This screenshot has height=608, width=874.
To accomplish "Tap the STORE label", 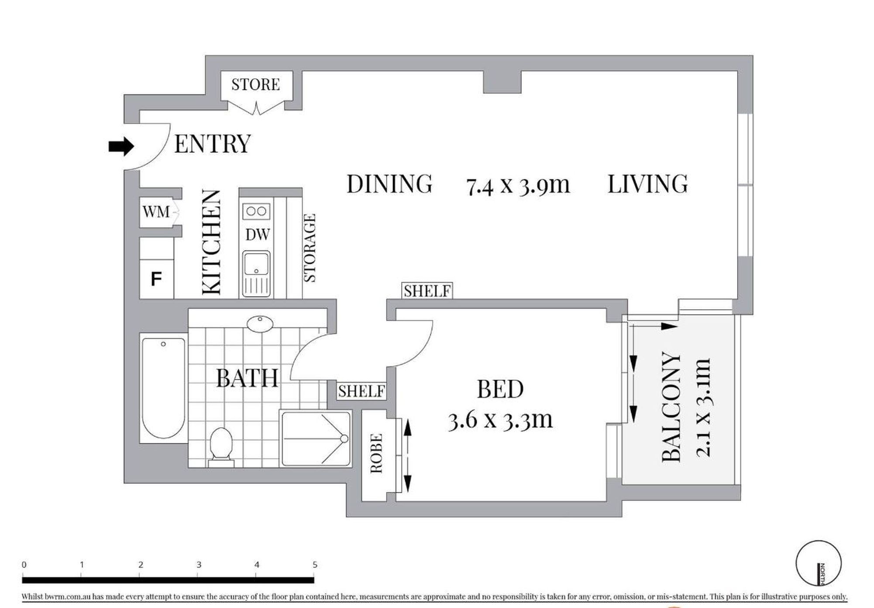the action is click(x=255, y=84).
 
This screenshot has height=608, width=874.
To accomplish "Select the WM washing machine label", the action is click(x=156, y=212).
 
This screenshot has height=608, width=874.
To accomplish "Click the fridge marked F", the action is click(x=156, y=279).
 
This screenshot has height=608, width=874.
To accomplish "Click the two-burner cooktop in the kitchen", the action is click(x=256, y=211).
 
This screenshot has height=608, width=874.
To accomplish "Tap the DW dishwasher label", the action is click(x=257, y=235).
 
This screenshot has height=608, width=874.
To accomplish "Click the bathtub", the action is click(x=163, y=388).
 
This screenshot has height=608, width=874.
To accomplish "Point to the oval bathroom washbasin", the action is click(x=260, y=324).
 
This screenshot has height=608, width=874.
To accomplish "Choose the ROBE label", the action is click(x=376, y=453).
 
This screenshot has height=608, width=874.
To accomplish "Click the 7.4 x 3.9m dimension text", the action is click(x=518, y=185).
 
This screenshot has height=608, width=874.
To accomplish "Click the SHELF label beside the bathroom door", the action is click(x=361, y=391).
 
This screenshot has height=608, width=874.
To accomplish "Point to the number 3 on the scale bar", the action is click(x=199, y=564).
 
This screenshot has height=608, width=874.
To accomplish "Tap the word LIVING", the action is click(x=648, y=184).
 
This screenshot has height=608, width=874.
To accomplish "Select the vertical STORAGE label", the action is click(x=309, y=248).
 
